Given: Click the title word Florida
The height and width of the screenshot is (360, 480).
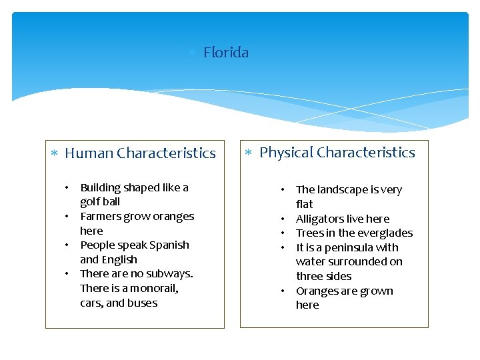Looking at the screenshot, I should (226, 53).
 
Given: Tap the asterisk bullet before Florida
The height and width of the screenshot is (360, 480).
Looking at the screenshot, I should (191, 53).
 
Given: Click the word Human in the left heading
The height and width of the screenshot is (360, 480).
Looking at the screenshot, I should (89, 153).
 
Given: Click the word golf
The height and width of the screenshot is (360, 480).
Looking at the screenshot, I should (90, 202).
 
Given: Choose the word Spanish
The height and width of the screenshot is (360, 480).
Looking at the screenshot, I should (169, 245).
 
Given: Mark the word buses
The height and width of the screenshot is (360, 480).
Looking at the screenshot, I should (143, 303).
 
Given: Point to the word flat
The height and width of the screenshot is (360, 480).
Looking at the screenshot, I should (304, 205).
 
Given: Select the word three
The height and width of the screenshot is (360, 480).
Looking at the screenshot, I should (310, 277).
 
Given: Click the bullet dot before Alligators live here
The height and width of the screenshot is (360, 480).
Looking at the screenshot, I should (283, 219).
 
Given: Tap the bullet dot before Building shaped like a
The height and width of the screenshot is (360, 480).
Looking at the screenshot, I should (67, 188).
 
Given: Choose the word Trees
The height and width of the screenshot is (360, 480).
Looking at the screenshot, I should (310, 233).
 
